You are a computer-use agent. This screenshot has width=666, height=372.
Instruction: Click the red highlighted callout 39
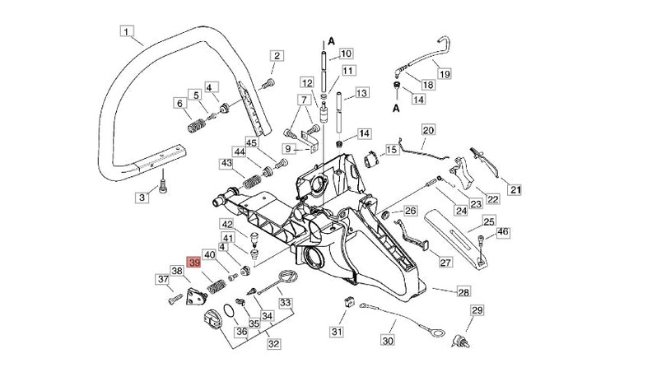pos(194,263)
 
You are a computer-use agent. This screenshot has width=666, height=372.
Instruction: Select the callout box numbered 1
pos(126,32)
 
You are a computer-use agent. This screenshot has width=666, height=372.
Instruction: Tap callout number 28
pos(463,292)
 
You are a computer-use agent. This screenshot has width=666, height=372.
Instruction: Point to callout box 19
pos(444,74)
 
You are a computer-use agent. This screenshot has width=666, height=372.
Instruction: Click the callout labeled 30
pos(388,339)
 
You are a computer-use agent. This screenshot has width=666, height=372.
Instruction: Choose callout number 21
pos(515,191)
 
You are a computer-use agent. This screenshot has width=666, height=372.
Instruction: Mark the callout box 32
pos(272,343)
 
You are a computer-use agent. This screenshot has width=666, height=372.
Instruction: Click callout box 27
pos(445,263)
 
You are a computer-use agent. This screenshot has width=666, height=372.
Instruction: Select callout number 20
pos(427,130)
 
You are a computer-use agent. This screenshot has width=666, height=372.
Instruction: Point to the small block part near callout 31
pos(347,301)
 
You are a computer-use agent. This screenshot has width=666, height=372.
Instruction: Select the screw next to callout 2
pos(267,84)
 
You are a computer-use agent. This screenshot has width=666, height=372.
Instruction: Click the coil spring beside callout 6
pos(195,128)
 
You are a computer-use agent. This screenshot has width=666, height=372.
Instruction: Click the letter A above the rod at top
pos(330,39)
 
